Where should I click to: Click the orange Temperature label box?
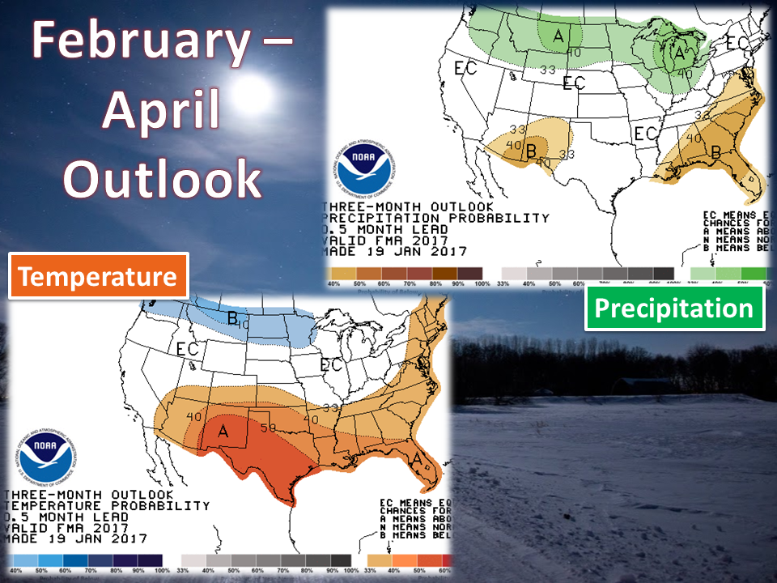click(98, 277)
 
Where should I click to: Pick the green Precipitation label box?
click(674, 308)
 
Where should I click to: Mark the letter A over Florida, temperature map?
click(416, 458)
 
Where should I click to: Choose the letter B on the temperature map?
click(231, 319)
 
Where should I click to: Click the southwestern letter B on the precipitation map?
click(531, 151)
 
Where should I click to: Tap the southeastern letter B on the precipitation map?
click(715, 151)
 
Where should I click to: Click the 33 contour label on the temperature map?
click(331, 409)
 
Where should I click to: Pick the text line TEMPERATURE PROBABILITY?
click(108, 505)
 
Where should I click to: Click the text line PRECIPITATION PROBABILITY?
click(436, 219)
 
